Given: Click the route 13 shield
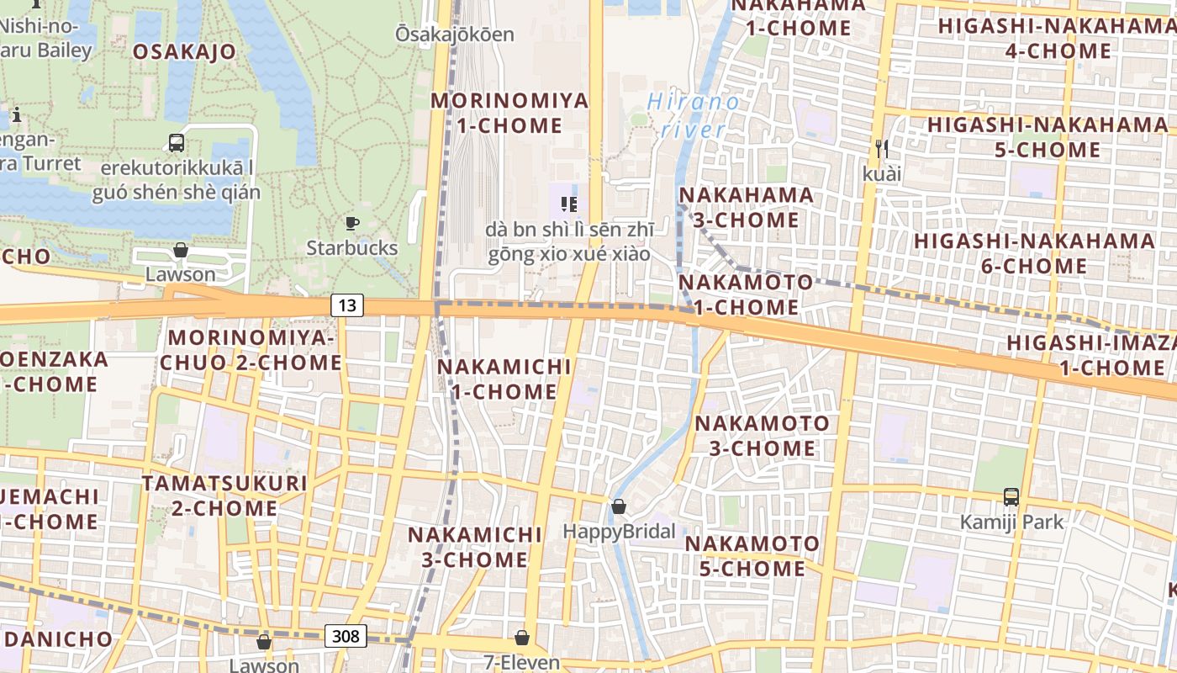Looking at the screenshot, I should point(347,305).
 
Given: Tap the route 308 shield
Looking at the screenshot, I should point(346,636).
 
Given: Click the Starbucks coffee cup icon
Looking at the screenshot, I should point(352,223).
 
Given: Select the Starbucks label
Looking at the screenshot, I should point(351,248).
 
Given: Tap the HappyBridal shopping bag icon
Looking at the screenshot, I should point(619,506).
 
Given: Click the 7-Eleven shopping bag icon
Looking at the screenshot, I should point(522,638).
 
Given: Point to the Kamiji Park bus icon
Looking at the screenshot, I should point(1011,497).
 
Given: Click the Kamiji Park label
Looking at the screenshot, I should point(1011,522).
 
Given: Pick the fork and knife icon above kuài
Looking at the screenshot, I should point(881,149).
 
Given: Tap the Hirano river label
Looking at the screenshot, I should point(694,116).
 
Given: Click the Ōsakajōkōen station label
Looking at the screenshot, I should point(454,34).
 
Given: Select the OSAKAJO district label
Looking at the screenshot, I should point(185,52).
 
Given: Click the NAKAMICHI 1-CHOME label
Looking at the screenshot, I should point(504,379).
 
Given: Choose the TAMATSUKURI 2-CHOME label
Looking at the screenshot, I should point(224,495).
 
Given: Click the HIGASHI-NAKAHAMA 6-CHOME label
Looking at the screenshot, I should point(1000,253).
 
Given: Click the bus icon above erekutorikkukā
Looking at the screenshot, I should point(177,143).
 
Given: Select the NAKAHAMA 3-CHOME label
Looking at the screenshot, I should point(746,207).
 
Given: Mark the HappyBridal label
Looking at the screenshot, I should point(619,532).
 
